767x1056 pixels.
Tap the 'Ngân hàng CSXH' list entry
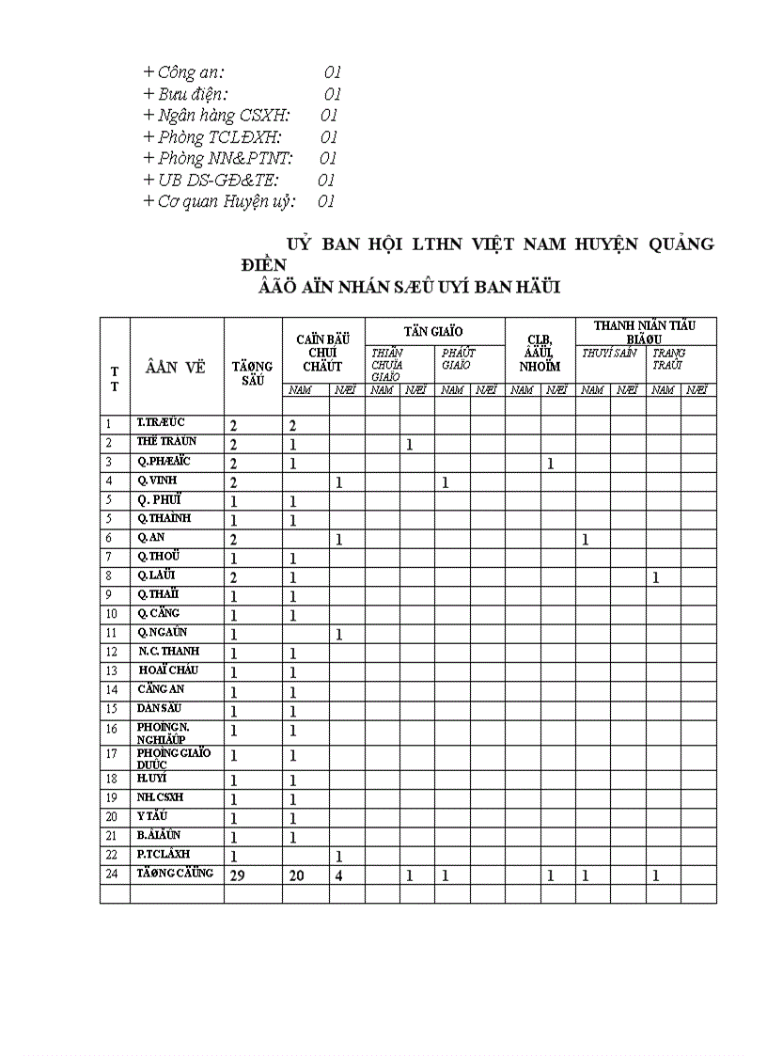(216, 116)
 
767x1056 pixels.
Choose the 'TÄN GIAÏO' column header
(433, 331)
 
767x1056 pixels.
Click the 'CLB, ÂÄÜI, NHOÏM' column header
(540, 354)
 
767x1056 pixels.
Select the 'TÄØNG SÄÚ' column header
(252, 372)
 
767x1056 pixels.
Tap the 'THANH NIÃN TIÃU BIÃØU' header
(645, 331)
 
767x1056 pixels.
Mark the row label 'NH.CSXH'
(160, 797)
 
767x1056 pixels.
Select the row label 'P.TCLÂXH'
(164, 854)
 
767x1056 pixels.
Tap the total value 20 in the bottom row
(296, 875)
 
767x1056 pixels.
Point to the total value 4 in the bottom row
(338, 875)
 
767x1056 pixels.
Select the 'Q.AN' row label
(151, 538)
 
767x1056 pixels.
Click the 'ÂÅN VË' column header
(176, 368)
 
